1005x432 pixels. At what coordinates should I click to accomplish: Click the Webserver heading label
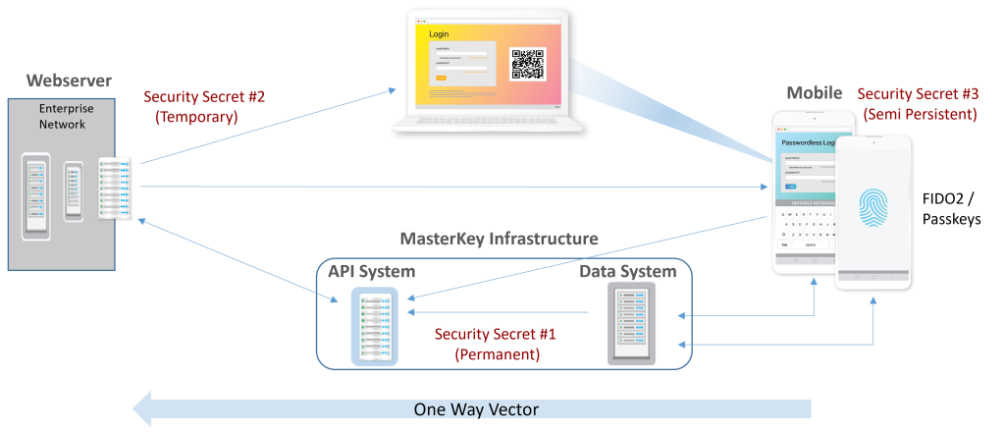point(69,81)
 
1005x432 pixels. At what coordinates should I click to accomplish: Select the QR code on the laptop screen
point(527,63)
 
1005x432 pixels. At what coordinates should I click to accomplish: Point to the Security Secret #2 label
point(204,97)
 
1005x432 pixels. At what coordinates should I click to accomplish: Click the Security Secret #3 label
point(917,95)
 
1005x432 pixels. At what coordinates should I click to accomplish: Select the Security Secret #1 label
point(496,334)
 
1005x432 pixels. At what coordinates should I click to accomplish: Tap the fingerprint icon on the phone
point(873,210)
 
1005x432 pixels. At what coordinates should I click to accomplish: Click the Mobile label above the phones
point(814,93)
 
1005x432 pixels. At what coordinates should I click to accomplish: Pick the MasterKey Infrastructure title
point(500,239)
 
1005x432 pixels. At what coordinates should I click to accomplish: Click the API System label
point(372,271)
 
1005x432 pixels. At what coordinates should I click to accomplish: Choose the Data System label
point(627,271)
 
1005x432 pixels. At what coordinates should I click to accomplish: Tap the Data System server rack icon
point(630,324)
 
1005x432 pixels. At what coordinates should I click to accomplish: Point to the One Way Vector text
point(475,409)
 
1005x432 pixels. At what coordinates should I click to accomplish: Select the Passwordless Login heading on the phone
point(808,143)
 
